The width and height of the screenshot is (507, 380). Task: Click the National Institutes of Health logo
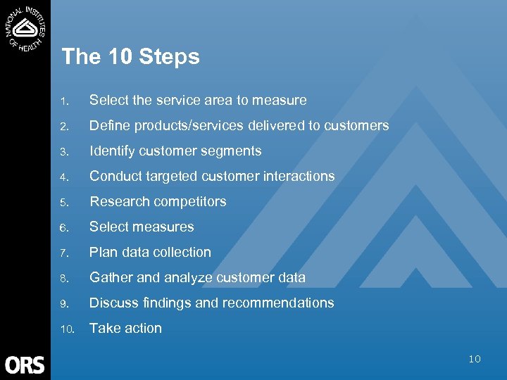point(25,28)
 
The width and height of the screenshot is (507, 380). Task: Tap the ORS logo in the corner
point(25,365)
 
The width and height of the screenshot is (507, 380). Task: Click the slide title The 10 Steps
point(130,57)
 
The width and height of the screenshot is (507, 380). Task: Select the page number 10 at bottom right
point(475,359)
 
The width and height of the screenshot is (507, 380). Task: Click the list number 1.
point(63,101)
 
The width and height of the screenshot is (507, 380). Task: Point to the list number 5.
point(63,203)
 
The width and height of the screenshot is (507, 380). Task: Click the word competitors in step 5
point(192,202)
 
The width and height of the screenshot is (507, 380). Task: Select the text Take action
point(125,329)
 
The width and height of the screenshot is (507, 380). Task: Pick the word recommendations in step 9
point(284,303)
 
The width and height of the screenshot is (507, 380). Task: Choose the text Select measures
point(142,227)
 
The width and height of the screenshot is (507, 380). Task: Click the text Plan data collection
point(150,253)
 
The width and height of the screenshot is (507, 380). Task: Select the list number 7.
point(63,253)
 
